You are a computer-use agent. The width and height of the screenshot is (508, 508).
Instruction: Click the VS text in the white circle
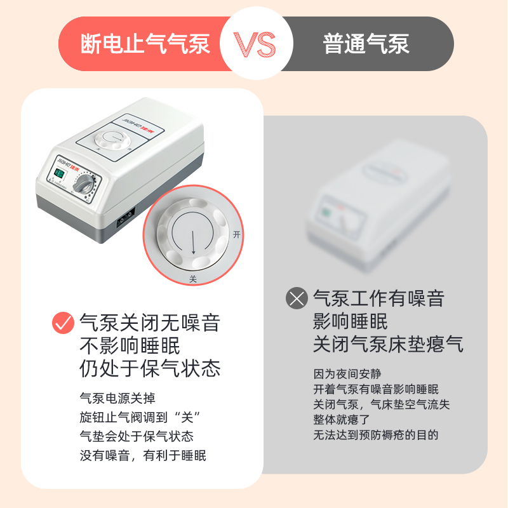coord(255,44)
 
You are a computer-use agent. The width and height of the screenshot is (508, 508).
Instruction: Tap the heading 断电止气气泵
coord(145,43)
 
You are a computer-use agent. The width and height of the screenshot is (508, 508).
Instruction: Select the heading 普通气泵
coord(366,43)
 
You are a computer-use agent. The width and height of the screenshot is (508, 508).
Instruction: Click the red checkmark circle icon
coord(63,323)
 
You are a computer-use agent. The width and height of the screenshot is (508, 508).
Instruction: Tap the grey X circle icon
coord(297,298)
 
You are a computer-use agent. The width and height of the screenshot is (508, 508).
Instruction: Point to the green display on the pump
coord(59,175)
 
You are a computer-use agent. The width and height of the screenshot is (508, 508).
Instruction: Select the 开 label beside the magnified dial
coord(237,234)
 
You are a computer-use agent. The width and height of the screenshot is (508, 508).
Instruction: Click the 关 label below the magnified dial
coord(193,279)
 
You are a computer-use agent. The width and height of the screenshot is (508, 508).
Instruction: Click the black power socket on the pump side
coord(126,218)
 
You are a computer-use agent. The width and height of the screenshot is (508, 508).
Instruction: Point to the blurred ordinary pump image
coord(378,204)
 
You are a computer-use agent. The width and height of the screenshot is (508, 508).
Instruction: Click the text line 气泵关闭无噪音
coord(150,323)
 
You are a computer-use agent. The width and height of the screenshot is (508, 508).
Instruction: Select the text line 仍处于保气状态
coord(150,368)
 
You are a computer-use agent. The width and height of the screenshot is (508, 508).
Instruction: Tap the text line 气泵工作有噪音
coord(378,298)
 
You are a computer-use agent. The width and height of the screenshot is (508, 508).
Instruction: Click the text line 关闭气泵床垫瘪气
coord(388,344)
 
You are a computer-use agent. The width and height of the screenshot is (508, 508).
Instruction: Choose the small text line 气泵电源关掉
coord(117,398)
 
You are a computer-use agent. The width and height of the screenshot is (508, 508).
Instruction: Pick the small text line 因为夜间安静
coord(347,374)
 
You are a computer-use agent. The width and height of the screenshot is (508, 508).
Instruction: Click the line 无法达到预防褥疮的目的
coord(376,435)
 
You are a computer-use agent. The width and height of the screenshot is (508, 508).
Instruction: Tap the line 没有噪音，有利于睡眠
coord(143,455)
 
